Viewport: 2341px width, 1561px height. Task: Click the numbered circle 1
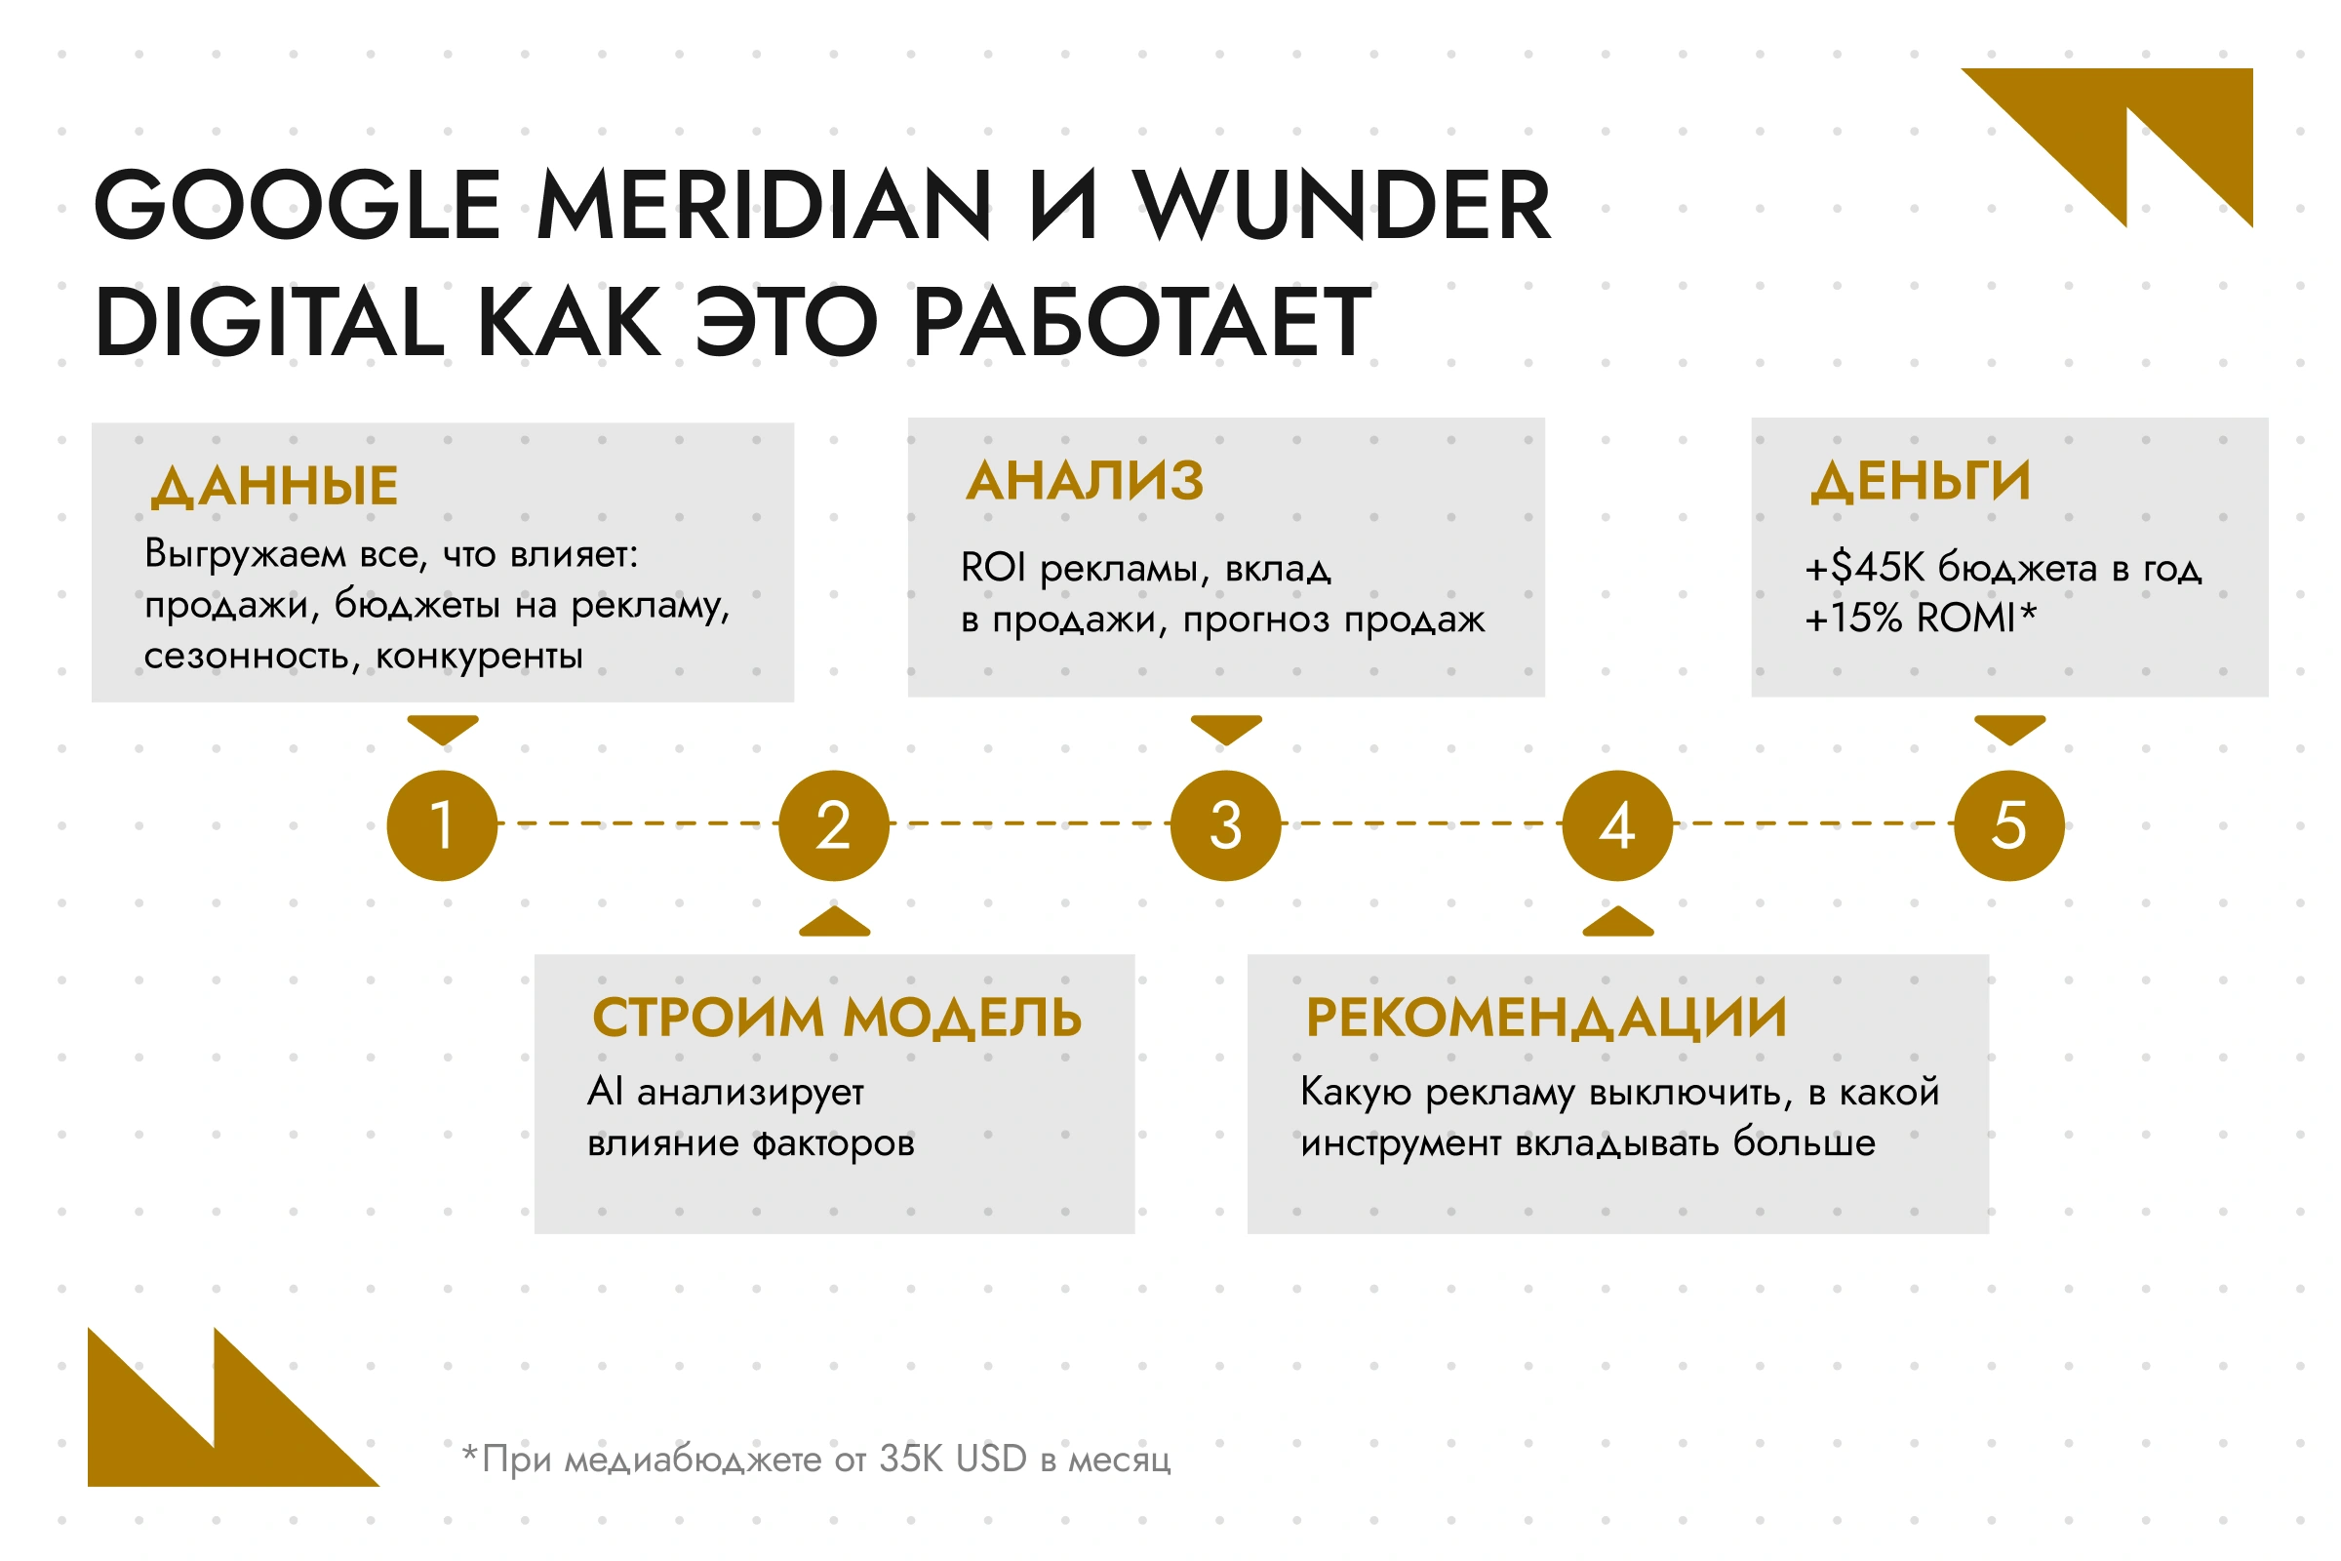(442, 825)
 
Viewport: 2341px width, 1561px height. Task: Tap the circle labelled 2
(834, 825)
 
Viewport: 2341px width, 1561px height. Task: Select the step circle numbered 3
(1226, 825)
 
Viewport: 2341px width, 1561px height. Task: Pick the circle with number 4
(1617, 825)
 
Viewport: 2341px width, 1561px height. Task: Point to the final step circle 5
(2009, 825)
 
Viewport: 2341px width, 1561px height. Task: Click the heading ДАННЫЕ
(275, 487)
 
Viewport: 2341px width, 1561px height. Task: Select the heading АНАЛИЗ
(1085, 481)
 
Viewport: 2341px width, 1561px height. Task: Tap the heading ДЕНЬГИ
(1920, 482)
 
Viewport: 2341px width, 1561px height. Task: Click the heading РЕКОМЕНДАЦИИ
(1547, 1018)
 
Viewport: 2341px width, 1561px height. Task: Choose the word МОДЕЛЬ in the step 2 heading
(963, 1018)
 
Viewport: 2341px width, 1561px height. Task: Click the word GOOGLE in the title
(298, 205)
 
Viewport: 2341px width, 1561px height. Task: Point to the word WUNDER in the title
(1344, 205)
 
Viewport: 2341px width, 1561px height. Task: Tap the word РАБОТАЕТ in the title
(1142, 322)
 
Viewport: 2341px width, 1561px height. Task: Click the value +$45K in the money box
(1865, 568)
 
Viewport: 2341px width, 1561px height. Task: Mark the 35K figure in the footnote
(912, 1460)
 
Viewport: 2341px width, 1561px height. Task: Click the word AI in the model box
(605, 1091)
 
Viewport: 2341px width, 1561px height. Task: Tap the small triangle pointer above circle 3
(1226, 729)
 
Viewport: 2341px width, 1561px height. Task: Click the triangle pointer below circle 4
(1617, 922)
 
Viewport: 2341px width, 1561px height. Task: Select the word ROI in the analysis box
(992, 568)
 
